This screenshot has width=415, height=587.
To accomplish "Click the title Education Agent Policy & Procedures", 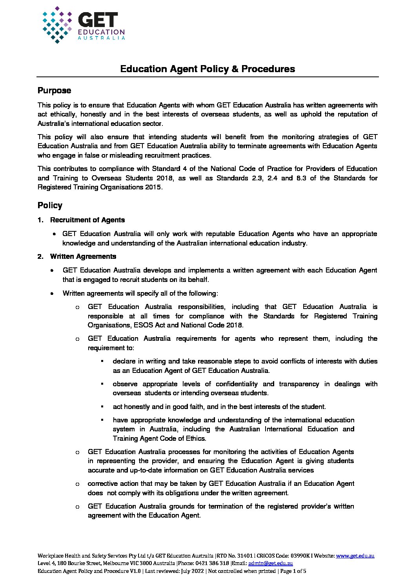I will coord(207,69).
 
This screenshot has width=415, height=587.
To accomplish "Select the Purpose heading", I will coord(54,91).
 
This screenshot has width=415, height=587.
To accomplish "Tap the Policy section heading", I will coord(50,205).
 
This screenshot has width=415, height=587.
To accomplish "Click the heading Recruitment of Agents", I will coord(87,220).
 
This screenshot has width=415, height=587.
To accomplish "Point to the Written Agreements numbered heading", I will coord(83,256).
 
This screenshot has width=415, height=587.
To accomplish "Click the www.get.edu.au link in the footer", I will coord(355,556).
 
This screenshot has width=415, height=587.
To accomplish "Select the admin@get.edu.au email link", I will coord(271,563).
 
